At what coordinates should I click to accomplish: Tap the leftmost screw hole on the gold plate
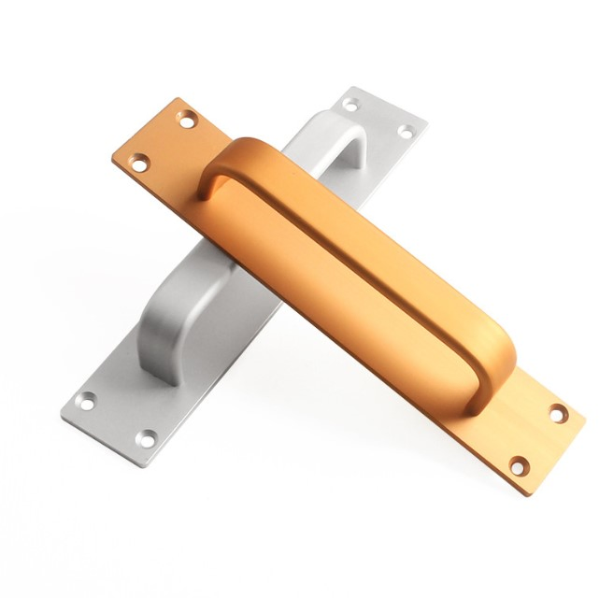(x=138, y=164)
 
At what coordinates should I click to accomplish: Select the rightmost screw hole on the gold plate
(x=558, y=413)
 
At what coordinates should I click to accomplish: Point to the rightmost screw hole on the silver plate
(x=406, y=132)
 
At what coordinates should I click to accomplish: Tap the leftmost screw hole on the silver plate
(x=85, y=401)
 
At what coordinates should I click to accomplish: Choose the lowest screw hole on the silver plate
(x=147, y=436)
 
